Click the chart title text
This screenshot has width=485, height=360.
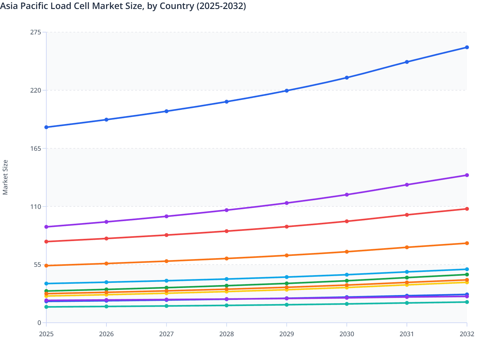[123, 6]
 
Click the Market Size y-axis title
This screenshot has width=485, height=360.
[5, 177]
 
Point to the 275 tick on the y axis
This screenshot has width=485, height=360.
[35, 32]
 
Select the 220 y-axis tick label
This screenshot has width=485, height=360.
[35, 90]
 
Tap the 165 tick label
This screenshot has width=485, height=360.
[35, 148]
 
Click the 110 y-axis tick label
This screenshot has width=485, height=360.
[35, 207]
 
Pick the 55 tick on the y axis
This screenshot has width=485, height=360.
[37, 265]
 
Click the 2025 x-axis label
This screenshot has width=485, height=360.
[46, 334]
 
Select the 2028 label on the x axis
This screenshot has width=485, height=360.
[226, 334]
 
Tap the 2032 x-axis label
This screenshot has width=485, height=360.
[467, 334]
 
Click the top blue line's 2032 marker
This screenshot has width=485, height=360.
[467, 48]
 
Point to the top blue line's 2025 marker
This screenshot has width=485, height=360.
[46, 127]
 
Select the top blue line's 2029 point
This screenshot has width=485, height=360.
[287, 91]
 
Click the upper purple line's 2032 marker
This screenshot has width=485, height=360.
[467, 175]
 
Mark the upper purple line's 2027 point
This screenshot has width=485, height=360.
[167, 216]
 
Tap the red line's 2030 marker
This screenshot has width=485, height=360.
[347, 221]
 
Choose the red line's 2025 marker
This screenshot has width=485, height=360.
[46, 242]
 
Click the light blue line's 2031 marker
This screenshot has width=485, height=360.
[407, 272]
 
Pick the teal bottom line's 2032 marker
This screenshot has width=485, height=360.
[467, 302]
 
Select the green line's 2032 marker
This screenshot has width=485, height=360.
[467, 274]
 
